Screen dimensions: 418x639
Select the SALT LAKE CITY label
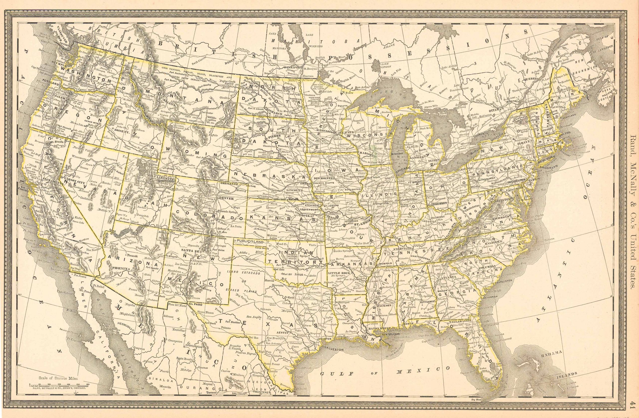click(x=159, y=178)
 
